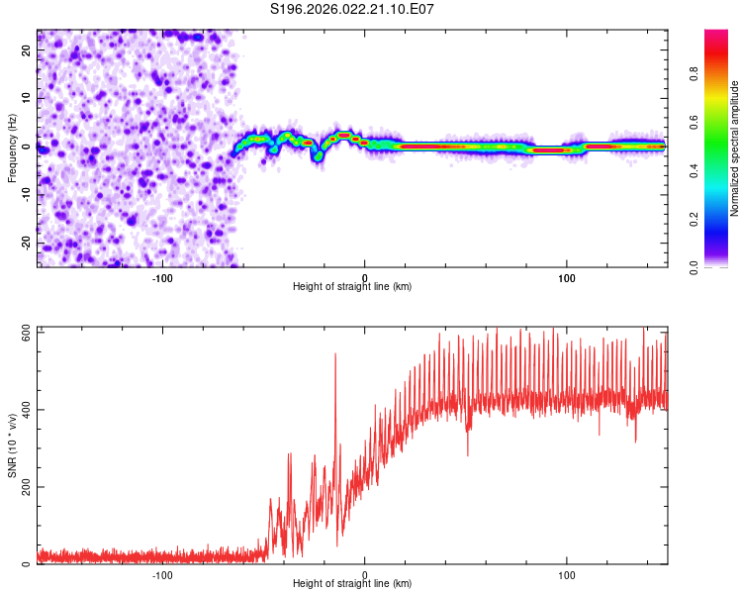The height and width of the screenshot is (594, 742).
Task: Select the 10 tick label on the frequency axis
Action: tap(27, 98)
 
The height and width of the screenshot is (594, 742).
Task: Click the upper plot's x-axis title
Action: tap(352, 286)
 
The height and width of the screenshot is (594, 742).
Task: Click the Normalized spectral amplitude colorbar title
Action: tap(734, 148)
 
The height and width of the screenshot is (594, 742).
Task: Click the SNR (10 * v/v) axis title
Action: tap(13, 445)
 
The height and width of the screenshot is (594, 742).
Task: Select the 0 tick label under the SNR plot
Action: tap(365, 574)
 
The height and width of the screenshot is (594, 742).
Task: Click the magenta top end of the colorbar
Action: tap(716, 36)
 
